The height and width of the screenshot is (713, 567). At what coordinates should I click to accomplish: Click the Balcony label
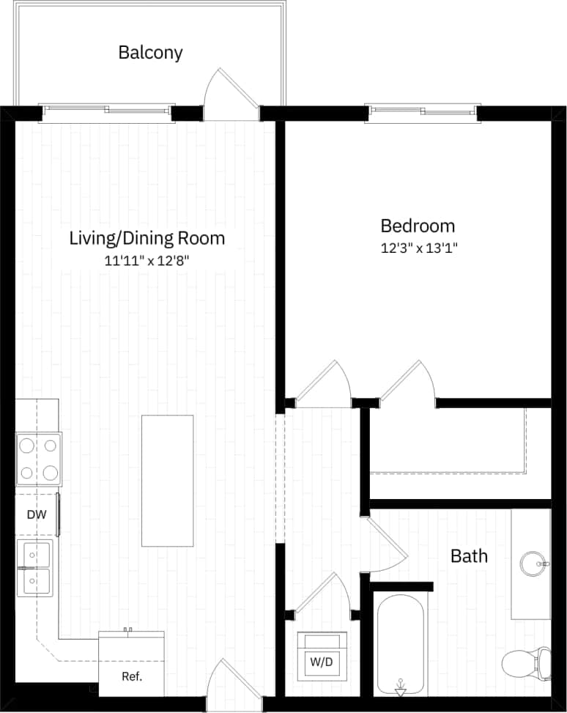[x=150, y=53]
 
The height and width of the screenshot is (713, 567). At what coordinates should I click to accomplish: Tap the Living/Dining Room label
[x=147, y=238]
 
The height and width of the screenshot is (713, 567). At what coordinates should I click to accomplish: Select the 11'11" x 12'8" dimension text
[x=147, y=259]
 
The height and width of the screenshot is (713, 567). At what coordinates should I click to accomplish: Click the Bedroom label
[x=418, y=226]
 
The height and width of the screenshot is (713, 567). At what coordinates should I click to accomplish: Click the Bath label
[x=469, y=556]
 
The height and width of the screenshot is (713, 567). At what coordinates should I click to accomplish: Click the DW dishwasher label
[x=37, y=514]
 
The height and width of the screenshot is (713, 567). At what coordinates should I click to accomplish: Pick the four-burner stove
[x=39, y=459]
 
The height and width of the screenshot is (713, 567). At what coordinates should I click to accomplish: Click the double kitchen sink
[x=35, y=568]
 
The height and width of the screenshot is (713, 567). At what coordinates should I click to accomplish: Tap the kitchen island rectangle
[x=168, y=481]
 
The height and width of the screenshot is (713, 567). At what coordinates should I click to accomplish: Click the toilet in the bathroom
[x=526, y=663]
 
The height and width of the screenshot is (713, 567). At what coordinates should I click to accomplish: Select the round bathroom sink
[x=534, y=564]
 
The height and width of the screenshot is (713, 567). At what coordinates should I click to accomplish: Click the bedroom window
[x=424, y=111]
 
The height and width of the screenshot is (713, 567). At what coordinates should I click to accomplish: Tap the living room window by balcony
[x=108, y=111]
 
